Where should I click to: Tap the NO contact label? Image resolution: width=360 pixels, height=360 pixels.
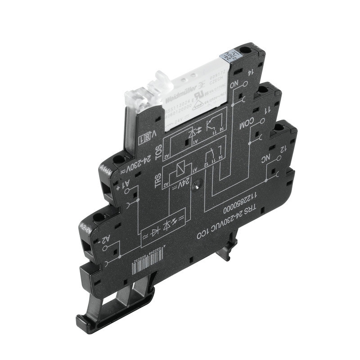246,85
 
